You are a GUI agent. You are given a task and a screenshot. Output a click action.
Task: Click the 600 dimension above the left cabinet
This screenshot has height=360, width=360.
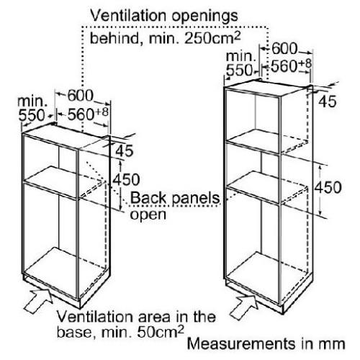[80, 96]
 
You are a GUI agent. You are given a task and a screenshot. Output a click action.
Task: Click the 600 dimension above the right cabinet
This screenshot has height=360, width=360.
[284, 49]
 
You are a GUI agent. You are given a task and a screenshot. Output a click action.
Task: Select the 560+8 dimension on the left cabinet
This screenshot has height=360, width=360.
[88, 114]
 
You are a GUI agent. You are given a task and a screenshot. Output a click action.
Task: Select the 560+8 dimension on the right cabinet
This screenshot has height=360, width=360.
[291, 66]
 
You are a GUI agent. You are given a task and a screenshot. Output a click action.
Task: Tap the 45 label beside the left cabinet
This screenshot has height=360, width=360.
[125, 151]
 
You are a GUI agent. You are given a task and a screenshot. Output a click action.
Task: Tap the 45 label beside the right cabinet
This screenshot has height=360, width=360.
[328, 101]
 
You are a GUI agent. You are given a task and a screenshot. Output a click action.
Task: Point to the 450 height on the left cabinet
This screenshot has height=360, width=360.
[126, 179]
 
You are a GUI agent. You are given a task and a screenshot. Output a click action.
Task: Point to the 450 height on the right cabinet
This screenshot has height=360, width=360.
[328, 187]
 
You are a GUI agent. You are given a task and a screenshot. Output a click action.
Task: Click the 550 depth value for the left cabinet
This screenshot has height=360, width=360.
[32, 115]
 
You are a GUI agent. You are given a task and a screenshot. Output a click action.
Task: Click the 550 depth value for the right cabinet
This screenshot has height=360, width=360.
[240, 70]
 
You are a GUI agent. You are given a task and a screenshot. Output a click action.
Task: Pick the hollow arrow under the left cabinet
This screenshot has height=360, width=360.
[39, 300]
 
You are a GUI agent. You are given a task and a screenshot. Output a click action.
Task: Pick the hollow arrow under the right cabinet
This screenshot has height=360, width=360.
[244, 307]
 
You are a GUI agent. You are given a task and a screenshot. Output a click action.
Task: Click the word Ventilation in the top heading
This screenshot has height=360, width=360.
[128, 16]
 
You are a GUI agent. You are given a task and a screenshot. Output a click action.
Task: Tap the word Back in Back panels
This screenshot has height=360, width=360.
[148, 198]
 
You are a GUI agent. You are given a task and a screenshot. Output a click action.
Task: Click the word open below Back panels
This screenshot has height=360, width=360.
[148, 215]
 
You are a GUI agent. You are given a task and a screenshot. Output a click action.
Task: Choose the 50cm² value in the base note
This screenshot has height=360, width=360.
[161, 331]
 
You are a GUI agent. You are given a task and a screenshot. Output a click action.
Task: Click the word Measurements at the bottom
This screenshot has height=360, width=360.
[241, 343]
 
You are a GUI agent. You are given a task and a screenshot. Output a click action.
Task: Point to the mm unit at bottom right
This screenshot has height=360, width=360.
[332, 345]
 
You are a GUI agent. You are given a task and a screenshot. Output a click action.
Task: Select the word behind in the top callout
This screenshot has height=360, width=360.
[114, 38]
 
